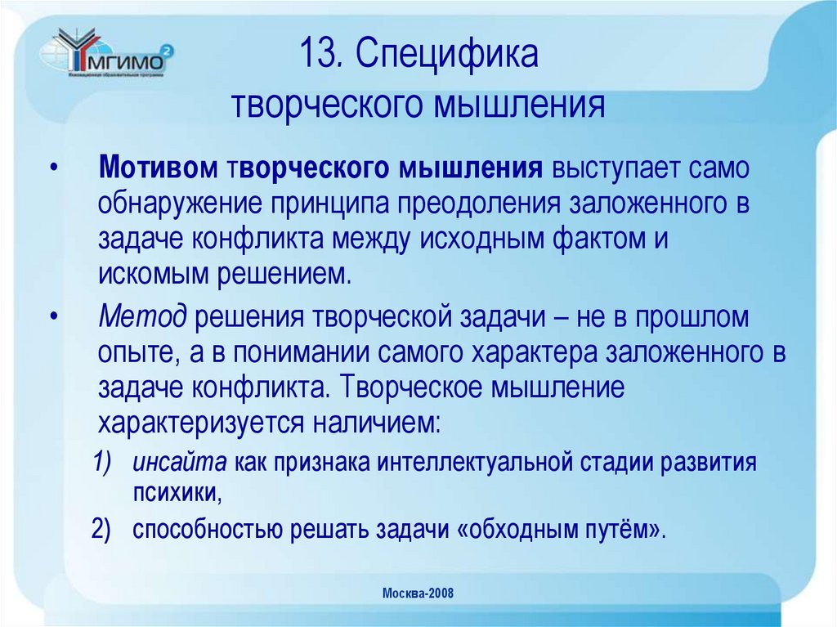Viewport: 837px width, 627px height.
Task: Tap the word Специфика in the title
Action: click(x=447, y=58)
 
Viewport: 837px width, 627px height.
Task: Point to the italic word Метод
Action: click(x=143, y=316)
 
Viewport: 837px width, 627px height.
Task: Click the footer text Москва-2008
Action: click(x=418, y=594)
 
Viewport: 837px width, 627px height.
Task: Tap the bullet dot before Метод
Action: click(x=53, y=316)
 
